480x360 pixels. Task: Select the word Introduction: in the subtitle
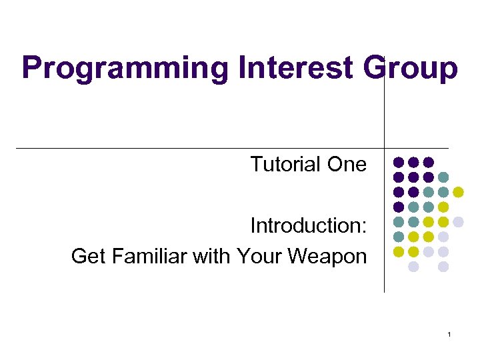point(308,226)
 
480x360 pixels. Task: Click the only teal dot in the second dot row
point(443,177)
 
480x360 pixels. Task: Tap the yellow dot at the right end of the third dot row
point(458,192)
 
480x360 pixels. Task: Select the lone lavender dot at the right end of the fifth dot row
point(458,221)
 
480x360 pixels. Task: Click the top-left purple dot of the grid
point(399,162)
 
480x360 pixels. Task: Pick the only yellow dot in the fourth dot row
point(443,207)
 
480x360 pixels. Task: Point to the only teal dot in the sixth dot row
point(399,237)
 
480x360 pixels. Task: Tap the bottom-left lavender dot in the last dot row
point(413,266)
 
